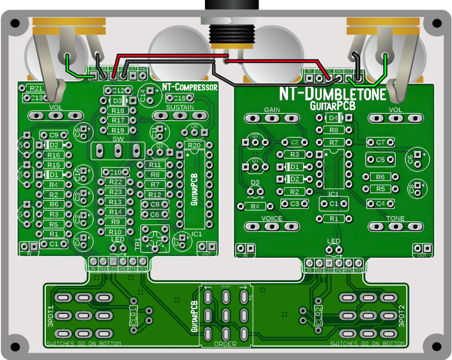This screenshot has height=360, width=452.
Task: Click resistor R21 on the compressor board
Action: point(37,88)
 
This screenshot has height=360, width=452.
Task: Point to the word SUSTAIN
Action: point(180,107)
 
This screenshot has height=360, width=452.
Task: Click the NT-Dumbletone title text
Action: point(332,94)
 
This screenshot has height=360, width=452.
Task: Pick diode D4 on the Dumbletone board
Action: point(334,118)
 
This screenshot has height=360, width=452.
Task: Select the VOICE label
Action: point(271,219)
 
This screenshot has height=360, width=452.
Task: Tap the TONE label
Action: point(395,219)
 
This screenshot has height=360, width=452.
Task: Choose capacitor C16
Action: point(83,174)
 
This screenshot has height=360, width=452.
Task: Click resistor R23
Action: point(116,192)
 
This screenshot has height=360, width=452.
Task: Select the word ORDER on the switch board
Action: point(225,344)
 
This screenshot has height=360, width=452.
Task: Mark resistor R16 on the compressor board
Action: point(54,155)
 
